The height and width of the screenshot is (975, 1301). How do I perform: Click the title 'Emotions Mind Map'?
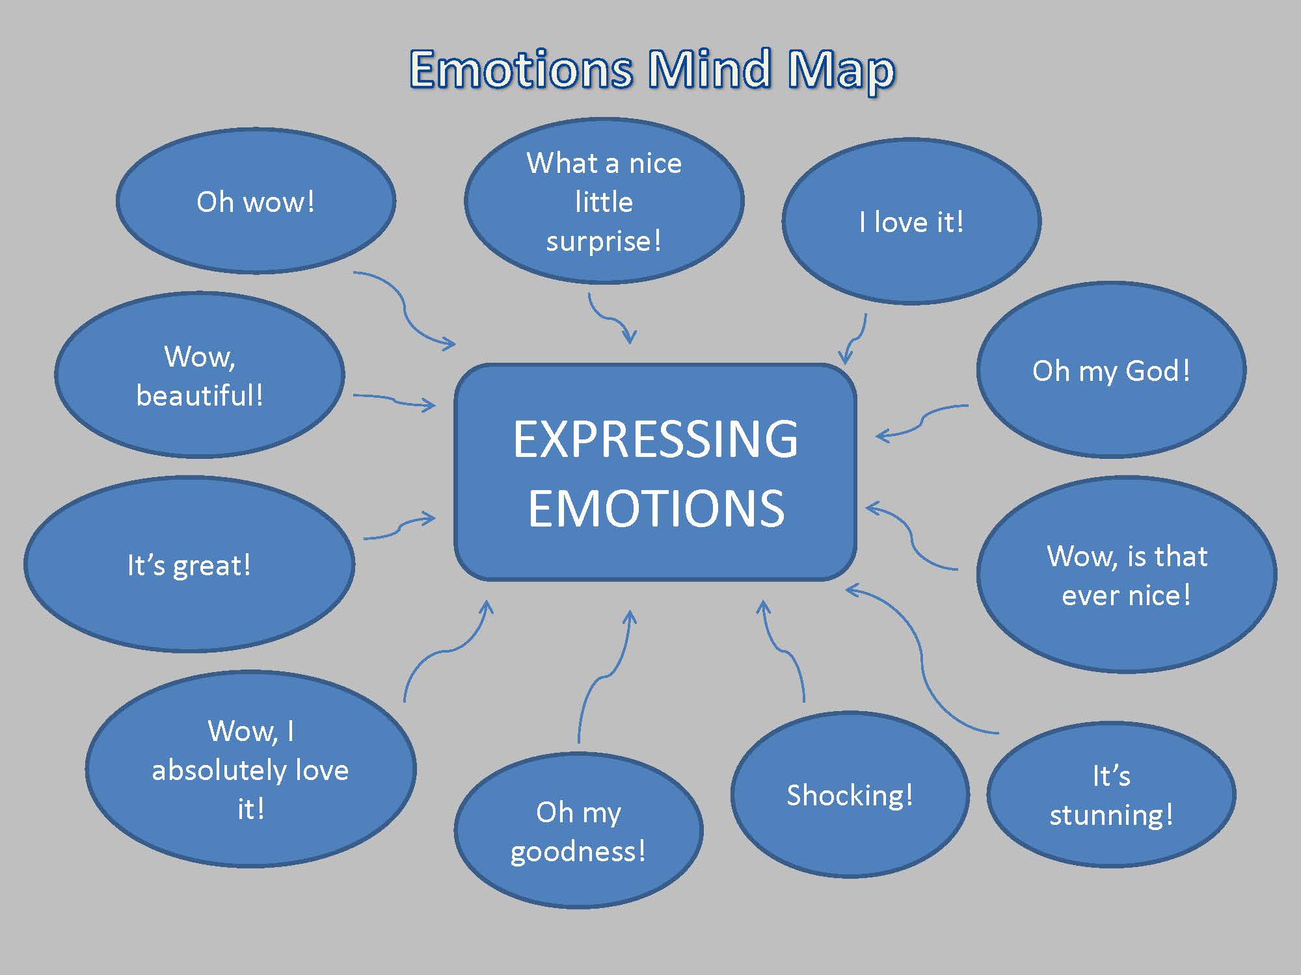click(652, 70)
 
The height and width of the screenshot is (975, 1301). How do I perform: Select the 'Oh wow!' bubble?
click(256, 201)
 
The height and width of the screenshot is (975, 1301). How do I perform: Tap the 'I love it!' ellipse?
click(911, 221)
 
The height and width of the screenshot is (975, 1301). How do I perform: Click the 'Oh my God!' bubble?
click(1111, 370)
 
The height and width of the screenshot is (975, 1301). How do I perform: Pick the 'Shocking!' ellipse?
click(850, 794)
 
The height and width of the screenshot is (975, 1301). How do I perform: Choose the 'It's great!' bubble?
click(189, 564)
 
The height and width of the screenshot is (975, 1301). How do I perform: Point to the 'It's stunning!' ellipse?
click(1111, 794)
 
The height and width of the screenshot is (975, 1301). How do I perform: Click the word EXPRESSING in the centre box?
click(655, 439)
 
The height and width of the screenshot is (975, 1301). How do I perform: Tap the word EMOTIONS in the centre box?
click(656, 508)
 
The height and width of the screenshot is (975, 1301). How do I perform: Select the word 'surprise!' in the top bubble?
click(604, 241)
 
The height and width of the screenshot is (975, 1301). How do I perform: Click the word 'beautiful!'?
click(200, 395)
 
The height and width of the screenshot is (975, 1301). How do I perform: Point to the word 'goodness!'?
click(578, 851)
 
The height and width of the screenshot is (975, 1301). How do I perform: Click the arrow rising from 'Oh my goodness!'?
click(602, 676)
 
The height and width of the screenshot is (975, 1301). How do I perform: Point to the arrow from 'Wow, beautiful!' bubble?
click(394, 400)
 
